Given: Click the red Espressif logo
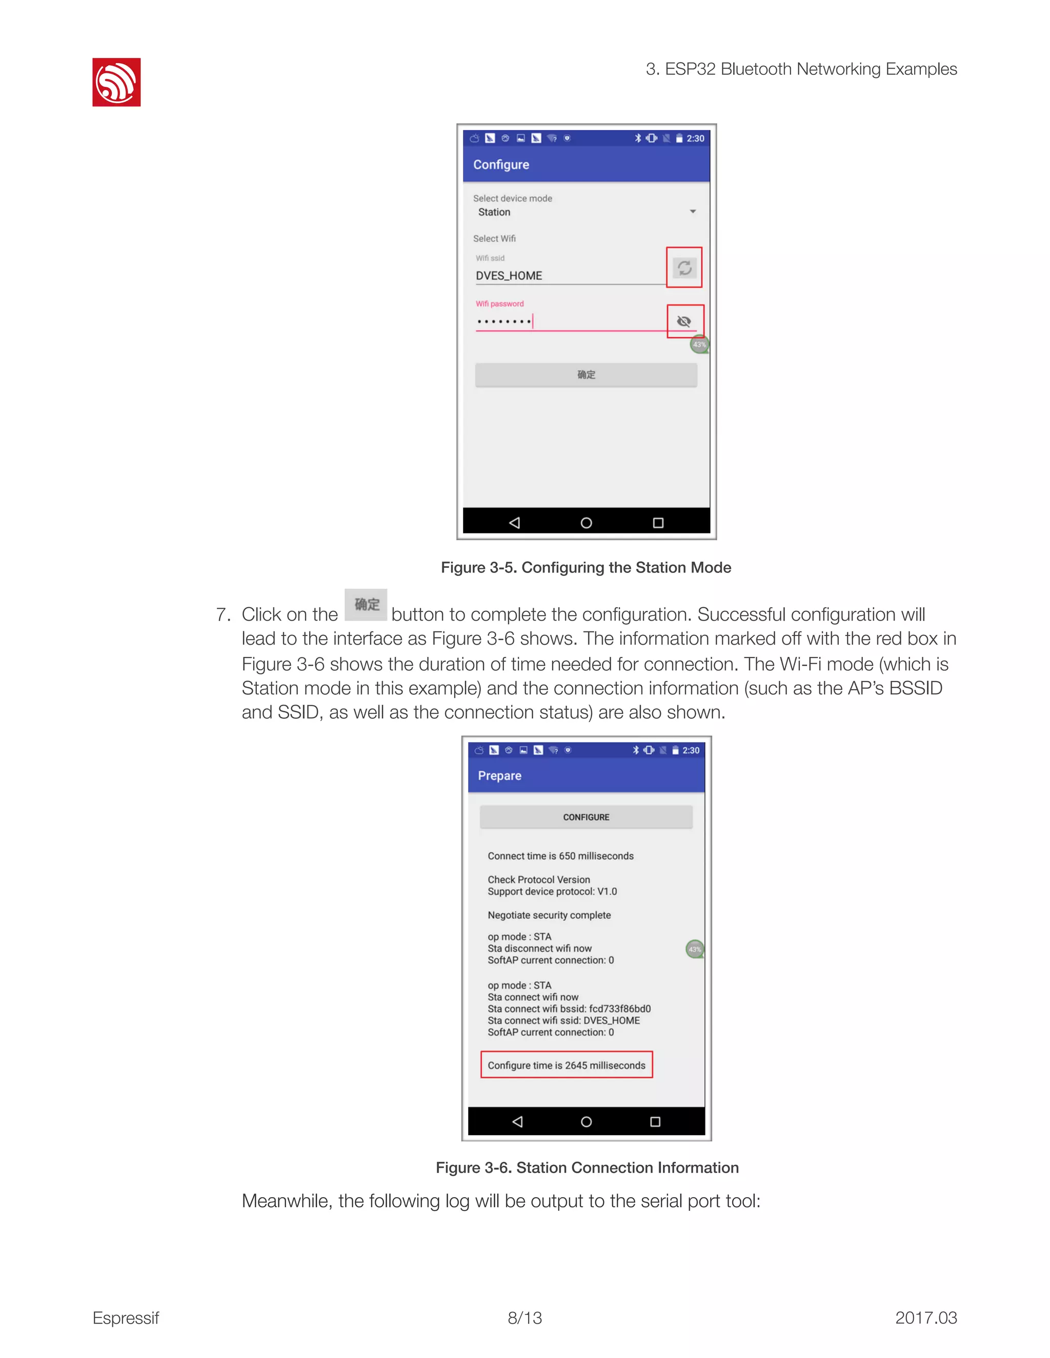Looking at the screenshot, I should (x=116, y=82).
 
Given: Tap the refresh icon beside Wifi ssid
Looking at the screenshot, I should (x=684, y=268).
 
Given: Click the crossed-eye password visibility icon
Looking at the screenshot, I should (x=684, y=321).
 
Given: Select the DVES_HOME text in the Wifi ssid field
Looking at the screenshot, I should (x=509, y=276).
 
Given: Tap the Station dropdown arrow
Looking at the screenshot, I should (x=692, y=212).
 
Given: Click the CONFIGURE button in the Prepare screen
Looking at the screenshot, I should (x=586, y=817).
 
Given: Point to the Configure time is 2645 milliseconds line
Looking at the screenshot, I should (x=566, y=1065).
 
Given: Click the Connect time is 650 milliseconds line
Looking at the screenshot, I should (x=560, y=856).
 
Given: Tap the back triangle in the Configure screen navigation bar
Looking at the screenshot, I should (x=514, y=523).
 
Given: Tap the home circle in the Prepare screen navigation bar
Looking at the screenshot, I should (x=586, y=1122).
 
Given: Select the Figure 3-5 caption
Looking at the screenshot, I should (x=586, y=568).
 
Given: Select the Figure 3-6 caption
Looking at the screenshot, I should (x=587, y=1168).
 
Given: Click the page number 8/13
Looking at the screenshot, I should (x=525, y=1318).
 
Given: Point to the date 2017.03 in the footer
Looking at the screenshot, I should (x=925, y=1318).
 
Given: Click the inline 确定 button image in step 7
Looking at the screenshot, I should (x=367, y=604).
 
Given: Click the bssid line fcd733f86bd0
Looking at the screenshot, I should (x=569, y=1009).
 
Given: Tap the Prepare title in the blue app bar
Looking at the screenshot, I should (x=499, y=775).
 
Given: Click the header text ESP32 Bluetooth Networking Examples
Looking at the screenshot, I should (x=801, y=69).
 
